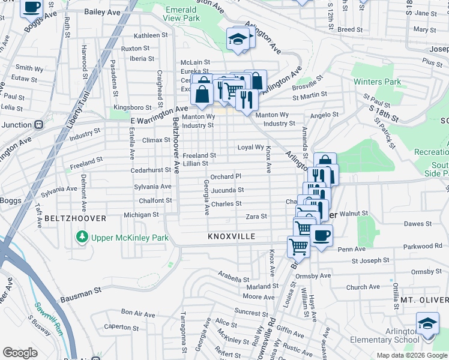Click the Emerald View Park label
click(x=181, y=14)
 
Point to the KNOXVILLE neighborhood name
click(x=232, y=237)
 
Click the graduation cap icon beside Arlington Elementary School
click(x=427, y=324)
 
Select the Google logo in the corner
click(x=20, y=353)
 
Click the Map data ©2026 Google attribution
click(x=411, y=356)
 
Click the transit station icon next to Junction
click(x=38, y=124)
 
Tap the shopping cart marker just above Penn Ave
click(x=298, y=245)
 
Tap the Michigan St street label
click(x=140, y=214)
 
